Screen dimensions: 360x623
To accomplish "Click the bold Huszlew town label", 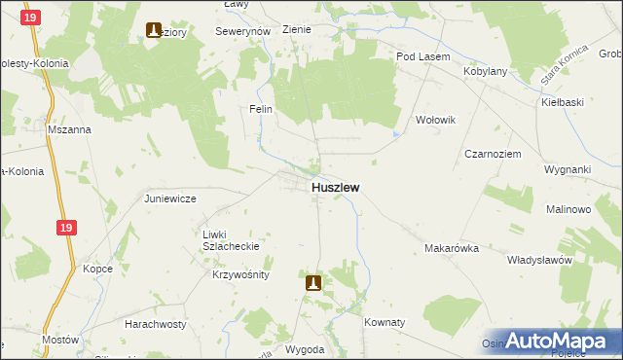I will [336, 187].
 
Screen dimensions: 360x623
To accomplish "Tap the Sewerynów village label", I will [242, 31].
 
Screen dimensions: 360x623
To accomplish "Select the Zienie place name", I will [296, 29].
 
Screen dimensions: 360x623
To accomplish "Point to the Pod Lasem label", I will [422, 56].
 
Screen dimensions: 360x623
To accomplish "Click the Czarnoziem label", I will [493, 154].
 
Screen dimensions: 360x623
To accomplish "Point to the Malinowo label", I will [568, 209].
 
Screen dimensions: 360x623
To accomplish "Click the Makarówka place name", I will [452, 248].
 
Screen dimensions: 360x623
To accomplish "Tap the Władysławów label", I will [537, 260].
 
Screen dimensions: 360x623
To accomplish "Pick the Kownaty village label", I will [384, 321].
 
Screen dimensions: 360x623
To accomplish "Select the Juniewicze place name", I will [170, 198].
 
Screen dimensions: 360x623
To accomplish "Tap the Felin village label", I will [260, 109].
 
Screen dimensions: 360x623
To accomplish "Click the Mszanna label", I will [69, 128].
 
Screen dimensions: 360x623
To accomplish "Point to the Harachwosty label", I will [155, 322].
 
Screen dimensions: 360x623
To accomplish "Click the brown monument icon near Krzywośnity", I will [313, 283].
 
